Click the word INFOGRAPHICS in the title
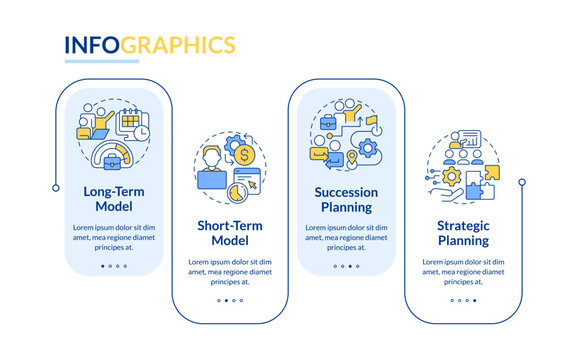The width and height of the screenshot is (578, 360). tap(150, 45)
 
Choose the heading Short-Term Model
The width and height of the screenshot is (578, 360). tap(228, 233)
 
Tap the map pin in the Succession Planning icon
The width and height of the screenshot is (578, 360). tap(353, 159)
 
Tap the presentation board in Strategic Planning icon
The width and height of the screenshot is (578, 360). tap(470, 138)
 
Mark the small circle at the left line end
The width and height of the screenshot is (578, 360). tap(55, 186)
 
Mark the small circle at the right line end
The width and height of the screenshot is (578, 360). tap(521, 182)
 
